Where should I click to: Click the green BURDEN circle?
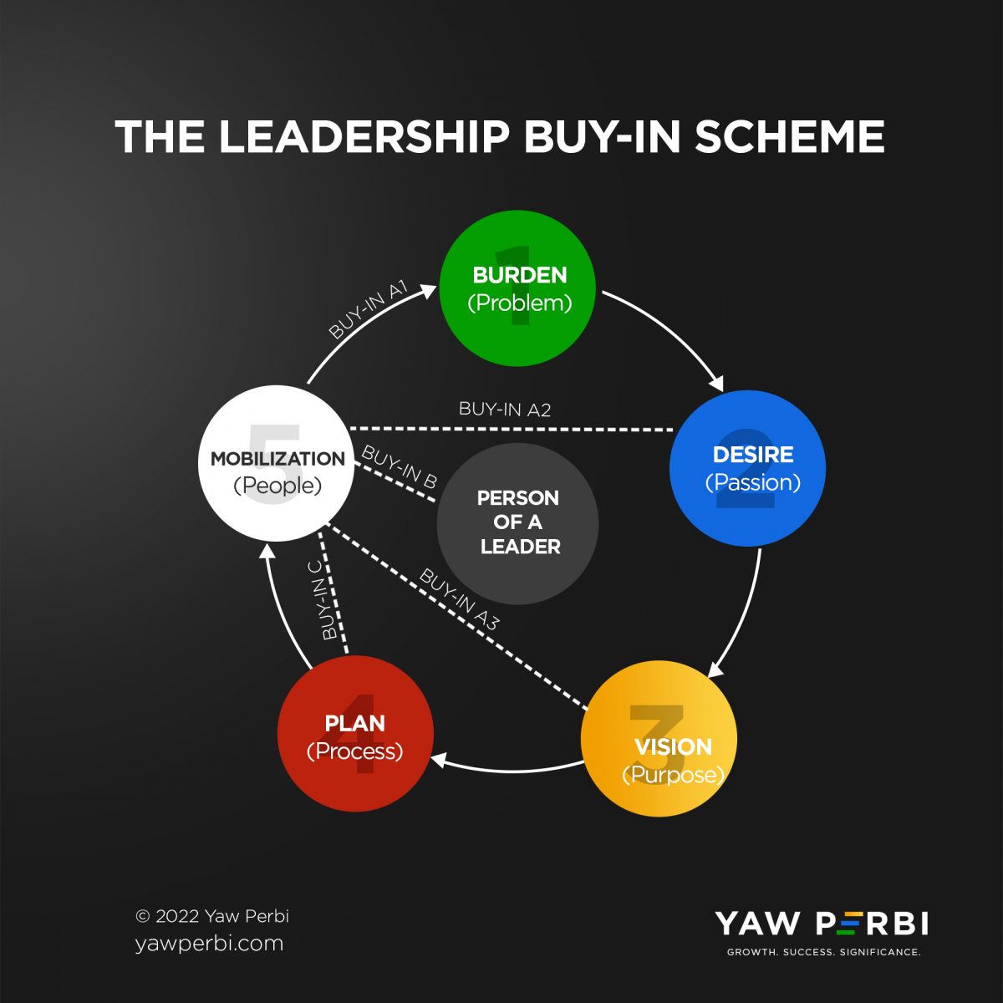pos(517,288)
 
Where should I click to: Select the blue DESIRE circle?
pos(747,468)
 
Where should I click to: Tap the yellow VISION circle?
pos(659,739)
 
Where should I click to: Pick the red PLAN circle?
pos(355,734)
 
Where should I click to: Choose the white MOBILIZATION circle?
pos(276,470)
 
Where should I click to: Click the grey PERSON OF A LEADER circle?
pos(517,523)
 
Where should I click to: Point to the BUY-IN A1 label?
pos(368,310)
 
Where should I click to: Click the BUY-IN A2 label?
pos(505,410)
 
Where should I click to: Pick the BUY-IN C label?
pos(322,599)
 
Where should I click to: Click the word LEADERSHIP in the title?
pos(364,137)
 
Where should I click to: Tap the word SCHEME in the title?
pos(790,137)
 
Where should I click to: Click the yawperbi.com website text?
pos(209,944)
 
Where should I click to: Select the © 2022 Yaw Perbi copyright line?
pos(212,916)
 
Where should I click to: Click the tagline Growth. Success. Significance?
pos(823,952)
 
